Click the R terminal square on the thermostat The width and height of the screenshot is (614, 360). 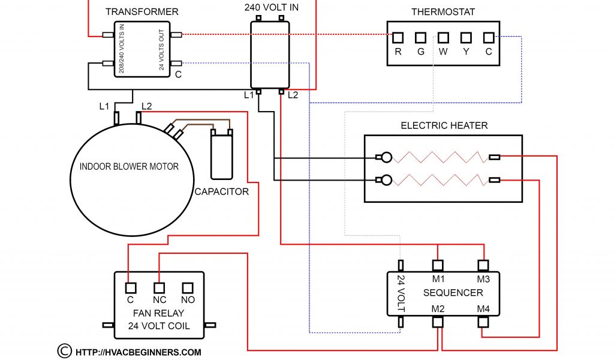(398, 38)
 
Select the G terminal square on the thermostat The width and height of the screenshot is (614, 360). (421, 38)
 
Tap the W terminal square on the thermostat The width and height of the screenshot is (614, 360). (443, 38)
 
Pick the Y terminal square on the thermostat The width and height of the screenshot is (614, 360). (466, 38)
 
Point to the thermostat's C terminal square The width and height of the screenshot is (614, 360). (489, 38)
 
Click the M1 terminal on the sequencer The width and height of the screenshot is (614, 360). (438, 265)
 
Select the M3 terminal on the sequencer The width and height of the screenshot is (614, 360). (483, 265)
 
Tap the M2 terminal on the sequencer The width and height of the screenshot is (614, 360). (438, 322)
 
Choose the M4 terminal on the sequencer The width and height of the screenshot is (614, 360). (483, 322)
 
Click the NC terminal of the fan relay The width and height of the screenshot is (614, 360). (159, 287)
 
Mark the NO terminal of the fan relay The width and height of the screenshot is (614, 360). (188, 287)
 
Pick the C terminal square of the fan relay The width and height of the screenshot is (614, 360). (130, 287)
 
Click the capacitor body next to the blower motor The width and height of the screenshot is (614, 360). (221, 156)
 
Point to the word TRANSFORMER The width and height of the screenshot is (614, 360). (142, 12)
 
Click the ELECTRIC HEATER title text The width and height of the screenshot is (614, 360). (444, 125)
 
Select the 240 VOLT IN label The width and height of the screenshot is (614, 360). (271, 8)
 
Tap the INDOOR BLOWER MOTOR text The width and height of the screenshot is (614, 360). (129, 166)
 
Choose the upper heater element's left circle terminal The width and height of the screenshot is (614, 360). (387, 158)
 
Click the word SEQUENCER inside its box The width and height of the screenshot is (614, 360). (453, 293)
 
